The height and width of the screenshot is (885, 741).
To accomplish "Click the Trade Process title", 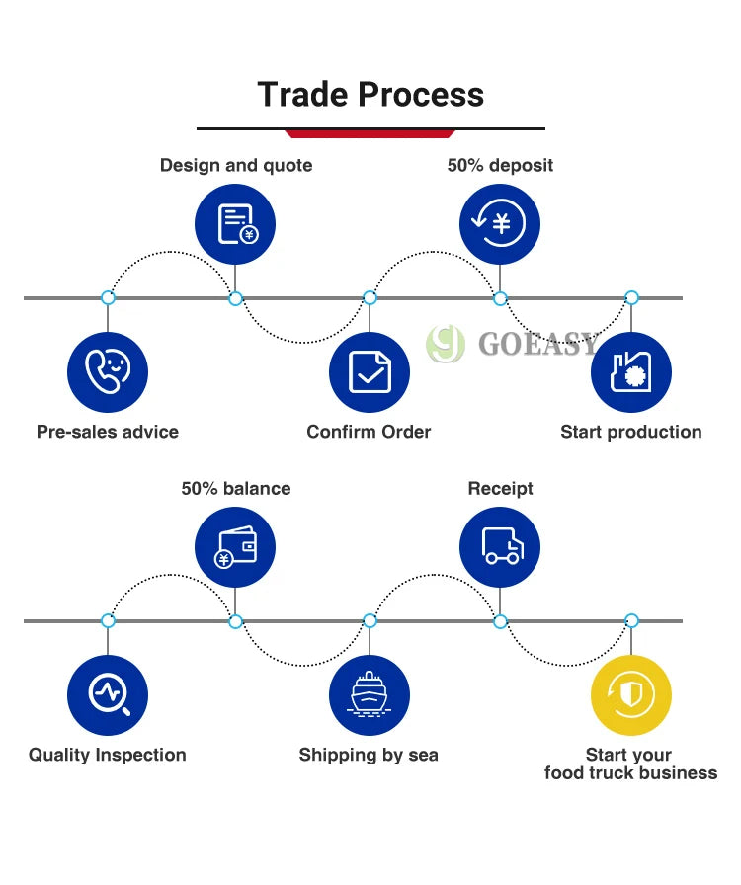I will (370, 95).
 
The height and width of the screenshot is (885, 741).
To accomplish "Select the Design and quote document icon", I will (235, 224).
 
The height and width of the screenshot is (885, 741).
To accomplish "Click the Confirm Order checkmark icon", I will (370, 372).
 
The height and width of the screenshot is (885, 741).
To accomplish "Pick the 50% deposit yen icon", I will (500, 224).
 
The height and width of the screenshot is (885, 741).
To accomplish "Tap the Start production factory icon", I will (630, 372).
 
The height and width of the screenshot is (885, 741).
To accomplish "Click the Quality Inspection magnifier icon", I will (108, 695).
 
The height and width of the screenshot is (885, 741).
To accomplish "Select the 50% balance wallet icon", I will (235, 547).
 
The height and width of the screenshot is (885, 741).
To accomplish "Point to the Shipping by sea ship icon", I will (370, 695).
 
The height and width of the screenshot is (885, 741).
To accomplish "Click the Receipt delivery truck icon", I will (500, 547).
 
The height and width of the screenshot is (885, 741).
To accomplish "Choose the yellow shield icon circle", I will (630, 695).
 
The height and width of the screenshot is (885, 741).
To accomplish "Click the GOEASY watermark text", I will (537, 344).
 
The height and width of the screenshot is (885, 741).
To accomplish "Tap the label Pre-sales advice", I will (108, 432).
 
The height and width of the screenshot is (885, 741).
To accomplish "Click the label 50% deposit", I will (500, 165).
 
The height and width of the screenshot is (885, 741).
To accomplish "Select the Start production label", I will (630, 432).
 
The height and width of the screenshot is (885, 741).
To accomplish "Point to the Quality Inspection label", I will (108, 755).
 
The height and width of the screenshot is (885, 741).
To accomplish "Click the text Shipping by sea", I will (369, 755).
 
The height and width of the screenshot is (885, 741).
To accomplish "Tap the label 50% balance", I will (236, 488).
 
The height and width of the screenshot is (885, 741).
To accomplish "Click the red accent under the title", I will (370, 133).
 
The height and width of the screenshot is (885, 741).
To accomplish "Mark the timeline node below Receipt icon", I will (500, 621).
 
